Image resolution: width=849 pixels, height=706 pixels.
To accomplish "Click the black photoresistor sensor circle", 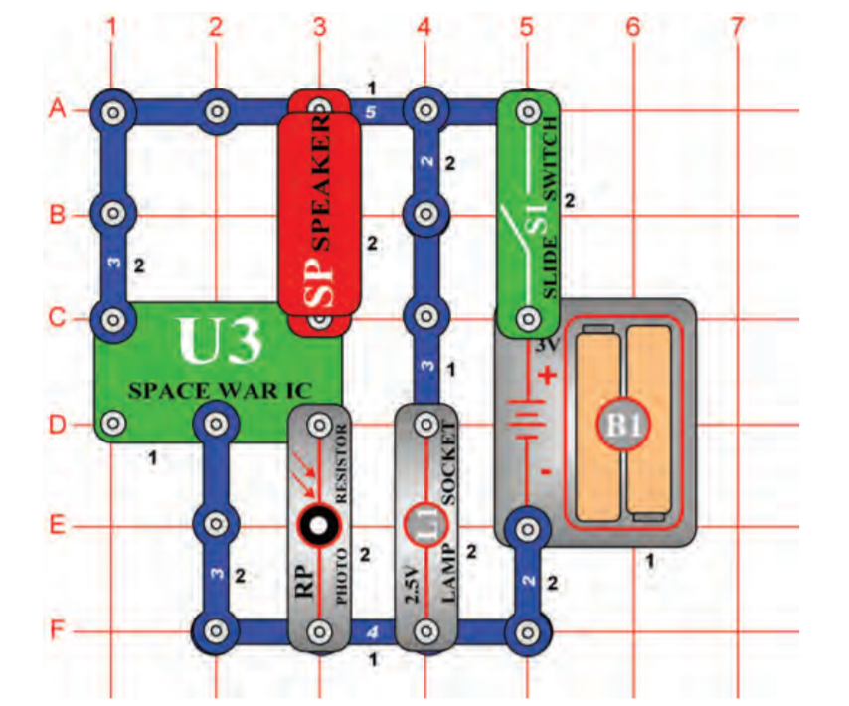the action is [318, 526].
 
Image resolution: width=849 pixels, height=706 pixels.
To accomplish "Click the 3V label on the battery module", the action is [548, 347].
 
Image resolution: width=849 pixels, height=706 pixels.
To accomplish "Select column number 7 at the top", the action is [736, 29].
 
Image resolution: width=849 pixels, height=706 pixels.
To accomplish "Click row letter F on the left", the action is [58, 630].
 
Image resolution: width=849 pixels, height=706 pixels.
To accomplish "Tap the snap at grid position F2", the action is [215, 630].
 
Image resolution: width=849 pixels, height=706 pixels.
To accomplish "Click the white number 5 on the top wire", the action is [371, 112].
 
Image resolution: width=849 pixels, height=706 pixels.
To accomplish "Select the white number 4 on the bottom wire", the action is [371, 629].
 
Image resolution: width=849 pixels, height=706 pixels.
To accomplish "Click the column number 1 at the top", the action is [112, 29].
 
